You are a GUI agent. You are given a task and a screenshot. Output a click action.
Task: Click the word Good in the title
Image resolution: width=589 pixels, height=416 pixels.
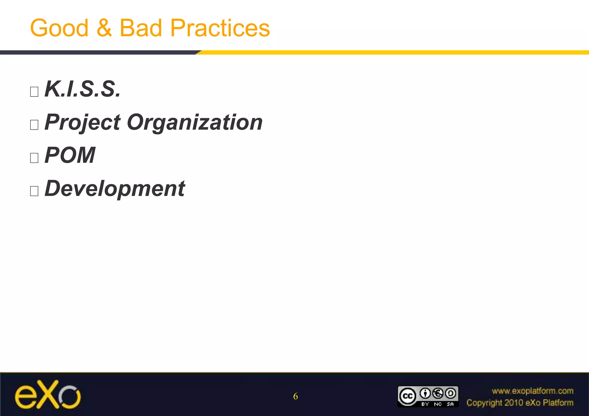59,28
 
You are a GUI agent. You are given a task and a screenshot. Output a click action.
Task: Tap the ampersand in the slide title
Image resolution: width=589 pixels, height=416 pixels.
104,28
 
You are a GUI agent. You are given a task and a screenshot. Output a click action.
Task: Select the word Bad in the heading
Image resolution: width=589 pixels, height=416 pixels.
141,28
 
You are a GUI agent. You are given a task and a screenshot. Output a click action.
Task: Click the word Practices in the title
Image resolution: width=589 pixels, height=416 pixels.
220,28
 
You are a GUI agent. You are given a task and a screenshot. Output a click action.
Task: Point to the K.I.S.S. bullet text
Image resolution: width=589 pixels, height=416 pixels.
83,89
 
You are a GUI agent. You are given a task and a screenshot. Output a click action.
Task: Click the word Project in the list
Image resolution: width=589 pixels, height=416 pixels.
83,123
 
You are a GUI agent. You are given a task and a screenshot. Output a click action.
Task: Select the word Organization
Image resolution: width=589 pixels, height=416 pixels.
195,123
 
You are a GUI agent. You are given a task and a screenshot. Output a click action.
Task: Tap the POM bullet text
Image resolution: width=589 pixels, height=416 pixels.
70,155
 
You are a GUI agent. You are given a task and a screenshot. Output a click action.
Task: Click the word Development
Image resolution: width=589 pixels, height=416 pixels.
115,189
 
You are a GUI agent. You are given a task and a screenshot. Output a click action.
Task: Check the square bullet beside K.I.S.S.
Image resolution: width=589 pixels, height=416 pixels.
34,92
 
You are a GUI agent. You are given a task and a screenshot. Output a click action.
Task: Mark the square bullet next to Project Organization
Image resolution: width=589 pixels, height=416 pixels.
34,125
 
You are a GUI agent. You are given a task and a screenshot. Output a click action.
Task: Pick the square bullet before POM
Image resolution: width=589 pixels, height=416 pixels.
34,158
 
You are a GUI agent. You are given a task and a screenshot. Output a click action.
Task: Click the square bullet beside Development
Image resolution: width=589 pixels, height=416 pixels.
34,191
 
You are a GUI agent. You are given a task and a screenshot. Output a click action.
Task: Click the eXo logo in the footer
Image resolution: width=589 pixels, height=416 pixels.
48,395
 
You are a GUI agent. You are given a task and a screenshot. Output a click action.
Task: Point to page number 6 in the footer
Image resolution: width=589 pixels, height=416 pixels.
295,396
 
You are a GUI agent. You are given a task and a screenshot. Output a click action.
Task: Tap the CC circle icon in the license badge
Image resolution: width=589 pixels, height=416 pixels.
407,396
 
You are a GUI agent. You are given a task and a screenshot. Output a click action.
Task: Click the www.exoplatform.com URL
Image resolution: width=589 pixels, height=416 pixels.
532,391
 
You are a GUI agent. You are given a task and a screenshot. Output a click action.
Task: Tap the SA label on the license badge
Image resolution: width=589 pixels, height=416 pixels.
450,404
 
